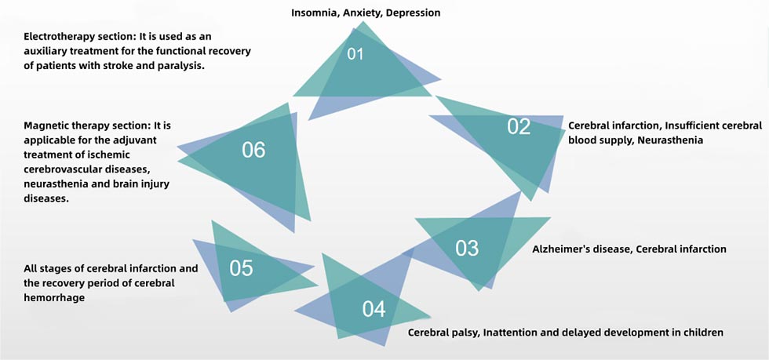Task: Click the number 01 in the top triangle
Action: click(356, 54)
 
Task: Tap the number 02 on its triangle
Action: click(519, 126)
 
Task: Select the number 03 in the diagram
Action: click(467, 248)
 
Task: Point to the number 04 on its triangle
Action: click(374, 309)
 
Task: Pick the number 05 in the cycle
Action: click(242, 268)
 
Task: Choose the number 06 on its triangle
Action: click(253, 150)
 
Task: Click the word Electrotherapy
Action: click(60, 37)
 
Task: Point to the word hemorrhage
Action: click(53, 297)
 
